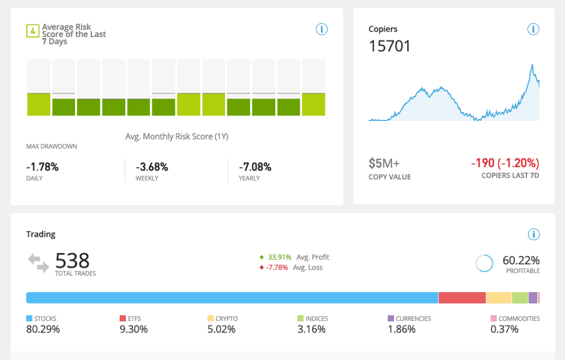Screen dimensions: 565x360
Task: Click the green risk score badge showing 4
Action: click(33, 31)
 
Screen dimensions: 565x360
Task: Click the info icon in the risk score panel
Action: click(322, 29)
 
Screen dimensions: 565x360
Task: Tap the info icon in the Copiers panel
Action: click(534, 29)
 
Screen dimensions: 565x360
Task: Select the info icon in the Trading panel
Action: click(534, 234)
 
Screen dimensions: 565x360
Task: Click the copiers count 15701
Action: click(390, 46)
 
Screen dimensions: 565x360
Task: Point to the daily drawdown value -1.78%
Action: click(42, 167)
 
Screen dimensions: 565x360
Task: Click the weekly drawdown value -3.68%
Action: click(152, 167)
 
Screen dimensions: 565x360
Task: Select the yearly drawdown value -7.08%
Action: click(255, 167)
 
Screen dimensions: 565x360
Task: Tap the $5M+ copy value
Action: click(384, 163)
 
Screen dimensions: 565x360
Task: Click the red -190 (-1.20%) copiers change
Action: click(505, 163)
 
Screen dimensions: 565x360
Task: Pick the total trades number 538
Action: click(72, 260)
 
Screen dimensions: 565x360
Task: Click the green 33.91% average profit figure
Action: click(279, 257)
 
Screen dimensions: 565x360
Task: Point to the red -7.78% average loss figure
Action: click(277, 268)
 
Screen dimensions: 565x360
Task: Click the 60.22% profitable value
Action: click(521, 260)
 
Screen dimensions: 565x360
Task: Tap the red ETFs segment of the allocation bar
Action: click(462, 298)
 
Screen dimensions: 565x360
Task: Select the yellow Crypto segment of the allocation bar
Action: click(499, 298)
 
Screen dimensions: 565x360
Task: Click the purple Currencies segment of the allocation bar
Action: click(533, 298)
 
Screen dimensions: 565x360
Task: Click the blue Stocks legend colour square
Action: click(29, 318)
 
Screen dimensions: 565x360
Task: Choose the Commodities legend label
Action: click(519, 319)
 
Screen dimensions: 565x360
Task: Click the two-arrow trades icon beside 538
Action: click(38, 263)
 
